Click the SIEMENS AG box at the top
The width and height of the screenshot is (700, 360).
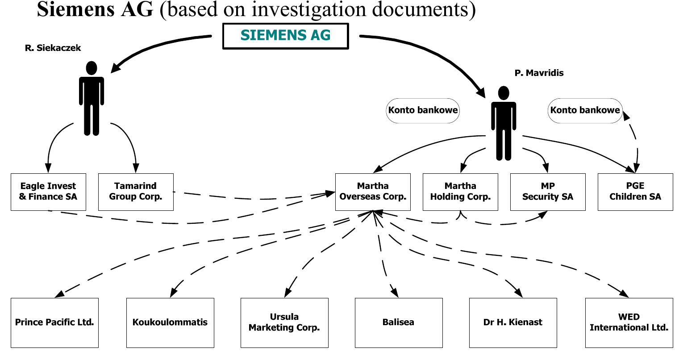coord(285,36)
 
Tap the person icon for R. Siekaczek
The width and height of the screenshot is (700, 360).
coord(92,98)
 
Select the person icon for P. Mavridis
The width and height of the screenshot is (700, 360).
coord(504,123)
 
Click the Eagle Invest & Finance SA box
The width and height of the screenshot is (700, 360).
coord(48,192)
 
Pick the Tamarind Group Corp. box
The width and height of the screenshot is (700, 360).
coord(136,192)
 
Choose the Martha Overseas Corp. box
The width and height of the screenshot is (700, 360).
coord(373,192)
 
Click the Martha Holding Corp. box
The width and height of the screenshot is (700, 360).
coord(460,192)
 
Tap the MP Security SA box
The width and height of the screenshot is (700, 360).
coord(548,192)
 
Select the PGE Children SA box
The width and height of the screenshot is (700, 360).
coord(635,192)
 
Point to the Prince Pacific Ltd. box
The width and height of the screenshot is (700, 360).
coord(54,322)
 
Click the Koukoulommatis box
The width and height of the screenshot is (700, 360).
coord(170,322)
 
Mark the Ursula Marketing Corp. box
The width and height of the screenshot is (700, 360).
coord(284,322)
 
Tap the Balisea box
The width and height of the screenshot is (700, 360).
coord(399,322)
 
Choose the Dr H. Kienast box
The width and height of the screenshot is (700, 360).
coord(513,322)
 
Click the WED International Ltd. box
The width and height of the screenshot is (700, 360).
coord(629,322)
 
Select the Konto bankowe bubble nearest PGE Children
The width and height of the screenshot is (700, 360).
coord(585,110)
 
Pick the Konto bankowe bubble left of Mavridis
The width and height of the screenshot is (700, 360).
coord(423,110)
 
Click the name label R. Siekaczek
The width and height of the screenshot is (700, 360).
coord(53,48)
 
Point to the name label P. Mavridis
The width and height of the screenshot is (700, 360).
coord(539,73)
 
